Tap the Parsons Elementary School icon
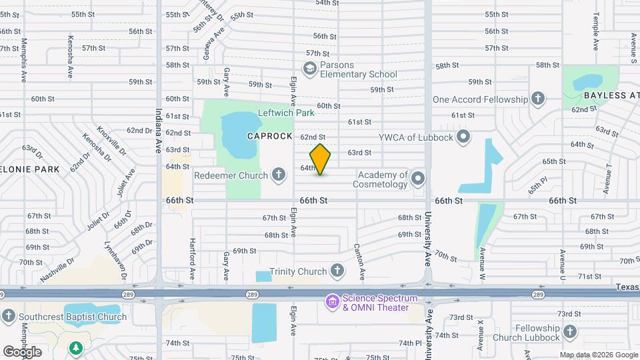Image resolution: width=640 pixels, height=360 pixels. click(309, 68)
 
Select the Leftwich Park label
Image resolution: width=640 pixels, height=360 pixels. click(287, 113)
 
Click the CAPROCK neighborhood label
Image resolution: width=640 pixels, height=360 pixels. click(269, 136)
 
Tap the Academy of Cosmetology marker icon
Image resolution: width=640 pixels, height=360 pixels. click(418, 178)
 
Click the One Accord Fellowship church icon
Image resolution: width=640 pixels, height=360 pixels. click(538, 99)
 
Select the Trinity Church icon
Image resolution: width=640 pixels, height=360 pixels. click(338, 271)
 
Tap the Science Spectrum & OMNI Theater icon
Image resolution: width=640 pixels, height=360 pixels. click(331, 303)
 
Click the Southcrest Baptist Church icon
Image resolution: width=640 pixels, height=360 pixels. click(8, 317)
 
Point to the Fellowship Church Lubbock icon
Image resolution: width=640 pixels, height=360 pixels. click(570, 332)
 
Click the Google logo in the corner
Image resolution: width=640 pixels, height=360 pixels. click(23, 351)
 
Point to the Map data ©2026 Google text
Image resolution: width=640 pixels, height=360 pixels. click(598, 355)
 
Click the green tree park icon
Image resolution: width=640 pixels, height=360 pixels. click(77, 347)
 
